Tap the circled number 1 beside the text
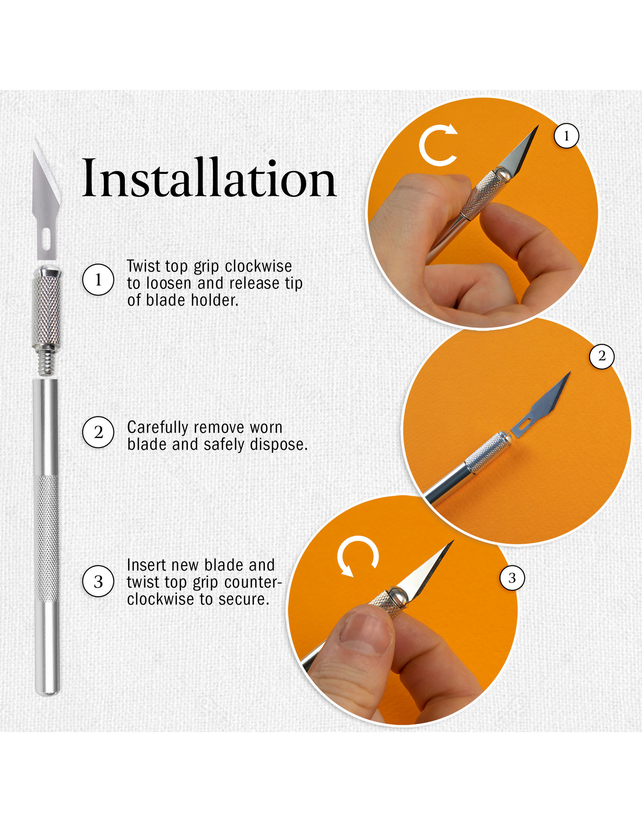tap(98, 280)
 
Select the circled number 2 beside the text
tap(98, 433)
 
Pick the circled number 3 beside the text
tap(98, 581)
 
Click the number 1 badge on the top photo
tap(566, 136)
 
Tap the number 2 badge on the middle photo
tap(601, 356)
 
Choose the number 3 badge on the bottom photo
tap(512, 578)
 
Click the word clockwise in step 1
tap(258, 267)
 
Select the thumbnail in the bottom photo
tap(366, 635)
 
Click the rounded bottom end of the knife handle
tap(47, 692)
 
